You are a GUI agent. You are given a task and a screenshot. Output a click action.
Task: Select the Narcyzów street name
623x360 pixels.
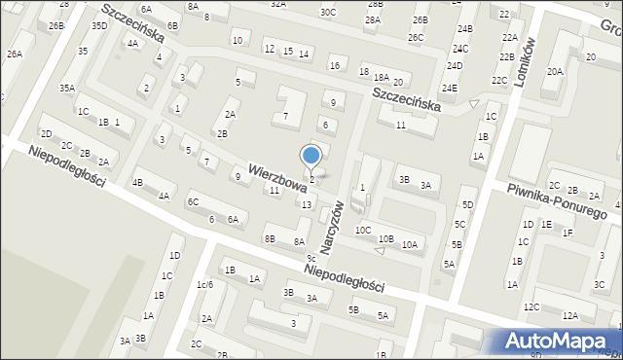(333, 228)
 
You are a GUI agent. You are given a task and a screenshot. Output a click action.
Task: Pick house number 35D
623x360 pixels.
(99, 25)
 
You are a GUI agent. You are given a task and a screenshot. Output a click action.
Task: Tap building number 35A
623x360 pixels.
(66, 89)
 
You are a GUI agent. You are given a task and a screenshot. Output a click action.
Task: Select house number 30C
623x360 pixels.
(328, 13)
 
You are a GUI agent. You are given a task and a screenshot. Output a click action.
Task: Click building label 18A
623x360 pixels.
(381, 77)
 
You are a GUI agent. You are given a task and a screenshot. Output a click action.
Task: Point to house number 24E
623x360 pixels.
(449, 89)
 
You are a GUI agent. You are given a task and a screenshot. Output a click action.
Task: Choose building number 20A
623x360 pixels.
(555, 71)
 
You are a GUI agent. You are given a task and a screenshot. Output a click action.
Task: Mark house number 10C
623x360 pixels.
(362, 230)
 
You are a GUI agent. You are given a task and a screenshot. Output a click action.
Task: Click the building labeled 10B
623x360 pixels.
(386, 238)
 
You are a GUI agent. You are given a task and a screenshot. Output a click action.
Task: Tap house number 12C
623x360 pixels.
(531, 306)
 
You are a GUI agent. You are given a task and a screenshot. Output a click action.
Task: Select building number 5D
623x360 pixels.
(467, 204)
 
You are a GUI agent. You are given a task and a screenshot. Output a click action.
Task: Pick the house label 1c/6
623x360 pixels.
(203, 284)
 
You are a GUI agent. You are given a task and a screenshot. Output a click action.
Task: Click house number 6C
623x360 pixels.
(193, 201)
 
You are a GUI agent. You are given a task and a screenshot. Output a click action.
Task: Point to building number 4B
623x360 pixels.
(138, 182)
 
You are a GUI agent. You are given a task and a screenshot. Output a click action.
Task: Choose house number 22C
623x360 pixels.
(499, 80)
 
